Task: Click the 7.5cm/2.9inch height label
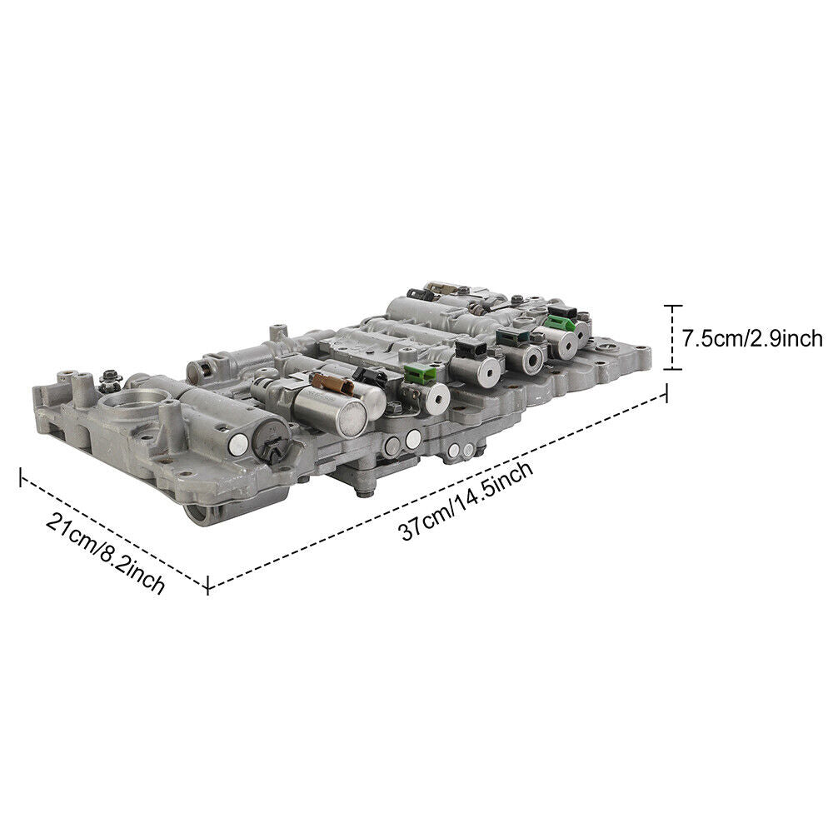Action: [x=752, y=338]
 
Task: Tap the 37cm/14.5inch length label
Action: [x=466, y=502]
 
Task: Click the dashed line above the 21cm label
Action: [x=112, y=531]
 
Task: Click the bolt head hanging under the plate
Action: [x=364, y=492]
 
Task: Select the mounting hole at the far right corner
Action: [x=639, y=350]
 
